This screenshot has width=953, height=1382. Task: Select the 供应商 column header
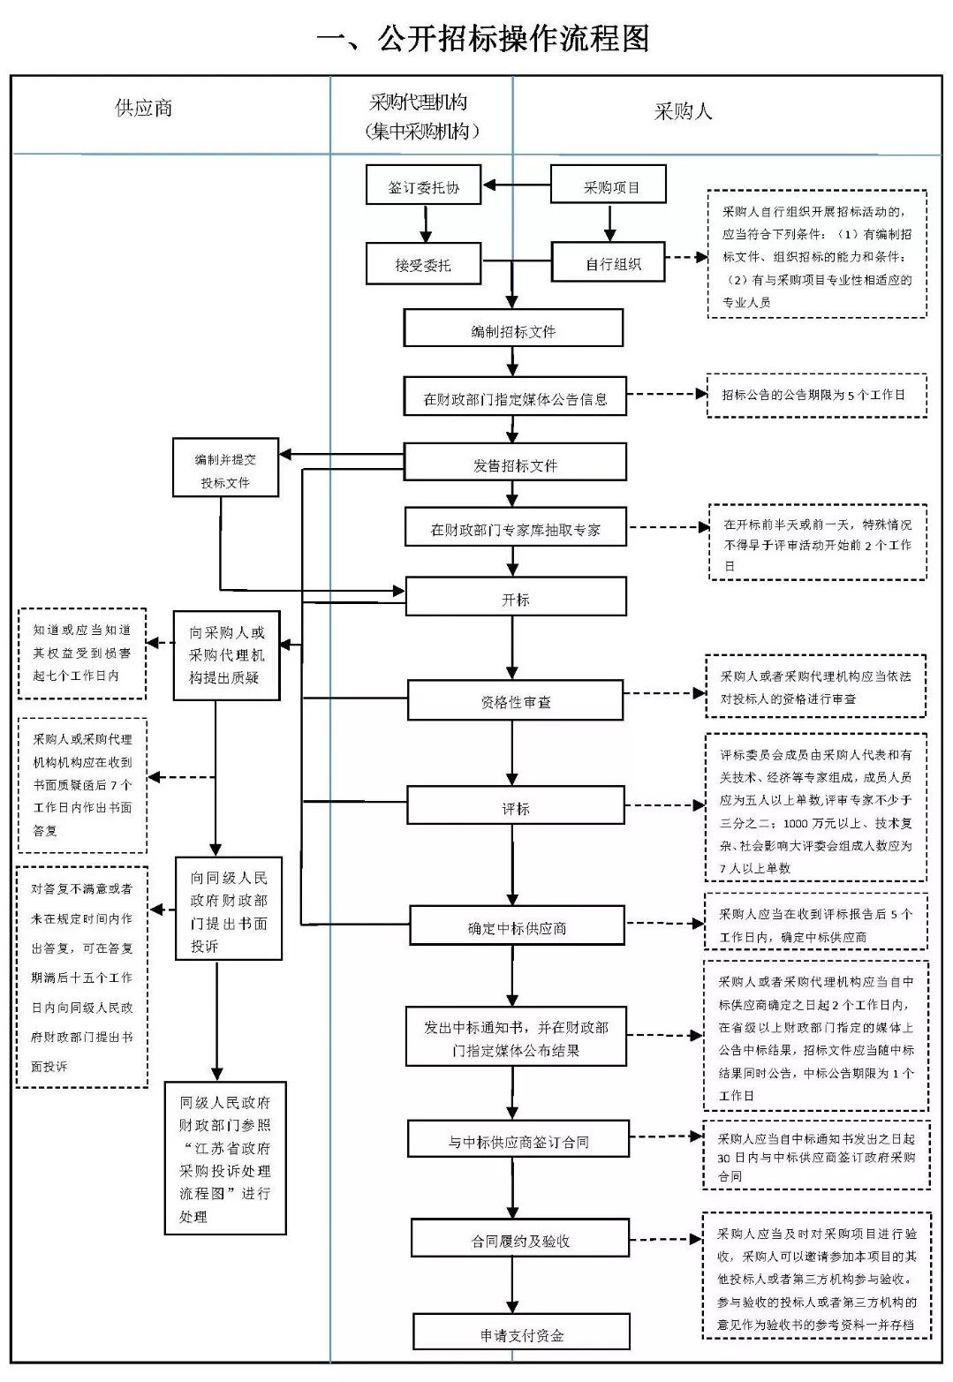pyautogui.click(x=143, y=108)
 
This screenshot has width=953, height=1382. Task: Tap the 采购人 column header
pyautogui.click(x=682, y=111)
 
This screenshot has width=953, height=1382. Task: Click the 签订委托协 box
pyautogui.click(x=424, y=186)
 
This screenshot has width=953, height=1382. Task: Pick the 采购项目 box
pyautogui.click(x=609, y=186)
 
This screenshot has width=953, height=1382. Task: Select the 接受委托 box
pyautogui.click(x=424, y=264)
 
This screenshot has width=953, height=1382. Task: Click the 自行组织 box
pyautogui.click(x=609, y=263)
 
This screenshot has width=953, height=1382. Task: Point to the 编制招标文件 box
pyautogui.click(x=513, y=329)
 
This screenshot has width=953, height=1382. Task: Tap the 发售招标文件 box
pyautogui.click(x=515, y=464)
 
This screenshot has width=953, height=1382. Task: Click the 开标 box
pyautogui.click(x=515, y=598)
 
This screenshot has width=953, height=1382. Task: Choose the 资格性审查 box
pyautogui.click(x=515, y=701)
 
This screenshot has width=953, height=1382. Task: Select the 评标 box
pyautogui.click(x=515, y=807)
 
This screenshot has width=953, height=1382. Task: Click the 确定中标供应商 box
pyautogui.click(x=517, y=927)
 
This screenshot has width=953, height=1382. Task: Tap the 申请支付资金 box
pyautogui.click(x=521, y=1333)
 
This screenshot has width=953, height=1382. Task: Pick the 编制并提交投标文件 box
pyautogui.click(x=226, y=469)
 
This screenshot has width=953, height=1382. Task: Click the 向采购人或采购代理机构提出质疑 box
pyautogui.click(x=226, y=655)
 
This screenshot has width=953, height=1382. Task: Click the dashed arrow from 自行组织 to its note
pyautogui.click(x=685, y=258)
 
